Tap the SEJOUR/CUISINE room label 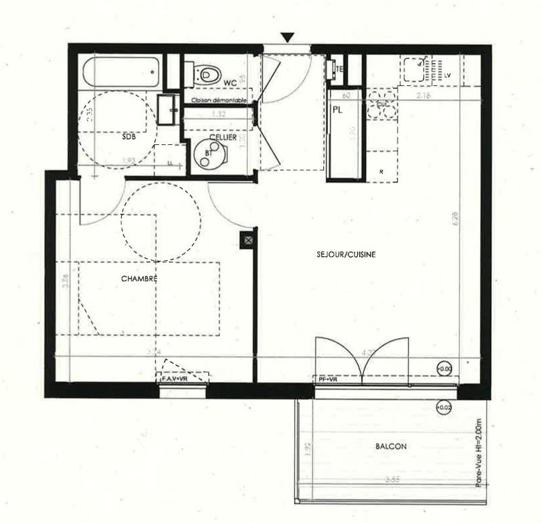click(x=346, y=255)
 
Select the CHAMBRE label click(x=140, y=278)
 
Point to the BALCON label click(x=391, y=446)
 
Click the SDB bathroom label click(x=129, y=136)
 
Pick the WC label click(x=230, y=83)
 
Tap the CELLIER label click(x=223, y=138)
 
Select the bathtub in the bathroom click(x=123, y=72)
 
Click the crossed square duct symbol click(x=249, y=240)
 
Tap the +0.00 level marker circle click(x=444, y=369)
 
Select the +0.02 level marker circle click(x=444, y=407)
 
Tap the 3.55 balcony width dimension click(x=391, y=480)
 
